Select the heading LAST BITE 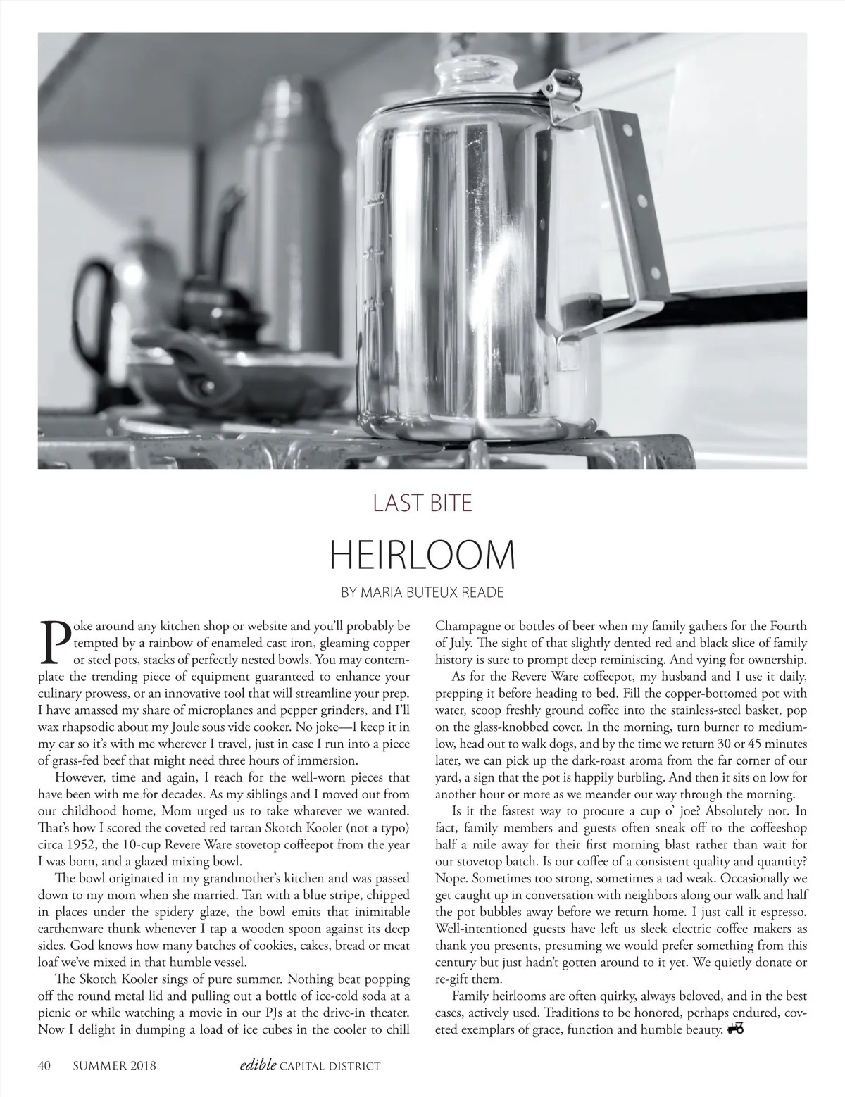tap(422, 503)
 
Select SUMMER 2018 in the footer tap(114, 1066)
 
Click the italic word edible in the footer tap(257, 1065)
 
